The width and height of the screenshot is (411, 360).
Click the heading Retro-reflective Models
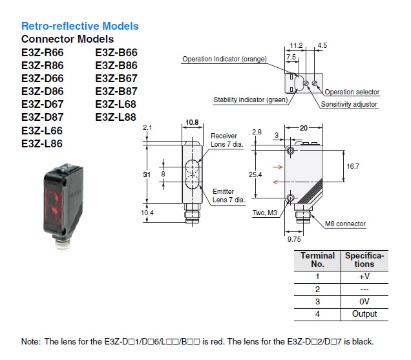[80, 26]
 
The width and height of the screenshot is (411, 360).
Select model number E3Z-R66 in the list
[42, 53]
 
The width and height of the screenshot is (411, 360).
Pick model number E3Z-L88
[116, 118]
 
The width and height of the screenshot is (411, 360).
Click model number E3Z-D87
[42, 118]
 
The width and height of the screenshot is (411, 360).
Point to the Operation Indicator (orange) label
[224, 59]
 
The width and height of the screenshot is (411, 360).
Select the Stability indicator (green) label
[251, 100]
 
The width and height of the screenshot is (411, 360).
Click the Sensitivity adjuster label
[349, 104]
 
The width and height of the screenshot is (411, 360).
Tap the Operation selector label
[352, 92]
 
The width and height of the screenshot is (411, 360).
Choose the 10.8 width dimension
[191, 122]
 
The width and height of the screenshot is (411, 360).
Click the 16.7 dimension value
[352, 167]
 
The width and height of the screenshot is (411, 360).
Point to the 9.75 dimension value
[294, 238]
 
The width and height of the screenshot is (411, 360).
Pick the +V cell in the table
[364, 276]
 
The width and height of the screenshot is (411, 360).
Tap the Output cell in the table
[364, 314]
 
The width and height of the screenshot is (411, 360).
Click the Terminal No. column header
[317, 260]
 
